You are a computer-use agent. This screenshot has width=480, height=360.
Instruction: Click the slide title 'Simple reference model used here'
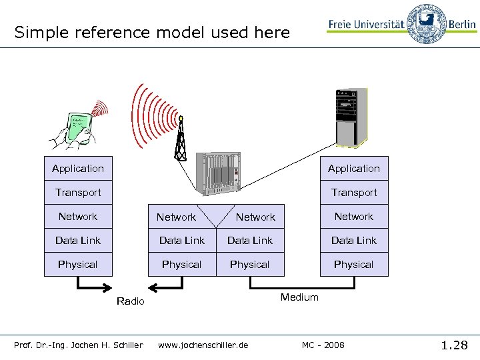(x=152, y=32)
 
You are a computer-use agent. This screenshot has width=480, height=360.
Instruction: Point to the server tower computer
(x=351, y=117)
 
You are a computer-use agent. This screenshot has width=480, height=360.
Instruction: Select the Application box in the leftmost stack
(x=78, y=169)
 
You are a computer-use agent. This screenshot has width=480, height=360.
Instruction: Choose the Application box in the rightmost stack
(x=353, y=169)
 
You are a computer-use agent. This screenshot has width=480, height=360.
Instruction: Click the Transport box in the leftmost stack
(x=78, y=193)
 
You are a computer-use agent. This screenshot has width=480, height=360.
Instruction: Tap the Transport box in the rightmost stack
(x=353, y=193)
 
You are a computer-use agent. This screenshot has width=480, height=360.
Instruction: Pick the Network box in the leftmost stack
(x=78, y=217)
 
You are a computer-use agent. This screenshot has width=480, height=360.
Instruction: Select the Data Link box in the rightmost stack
(x=353, y=241)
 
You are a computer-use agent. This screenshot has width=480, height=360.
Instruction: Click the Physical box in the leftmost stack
(x=78, y=265)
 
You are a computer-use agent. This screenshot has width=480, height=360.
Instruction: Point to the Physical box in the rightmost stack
(x=353, y=265)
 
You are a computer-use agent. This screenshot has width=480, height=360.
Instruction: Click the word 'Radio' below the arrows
(x=130, y=301)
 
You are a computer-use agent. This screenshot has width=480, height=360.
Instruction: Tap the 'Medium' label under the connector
(x=299, y=297)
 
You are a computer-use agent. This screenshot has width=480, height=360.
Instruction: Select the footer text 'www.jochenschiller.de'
(x=203, y=345)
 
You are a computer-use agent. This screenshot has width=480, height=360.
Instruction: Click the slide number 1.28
(x=454, y=345)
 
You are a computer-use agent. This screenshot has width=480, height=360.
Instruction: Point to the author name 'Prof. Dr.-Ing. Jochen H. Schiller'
(x=79, y=345)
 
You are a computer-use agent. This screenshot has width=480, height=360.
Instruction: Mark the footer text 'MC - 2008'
(x=323, y=345)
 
